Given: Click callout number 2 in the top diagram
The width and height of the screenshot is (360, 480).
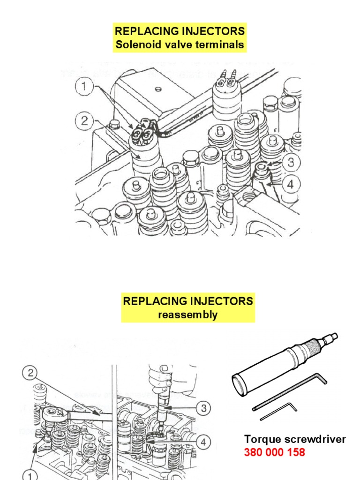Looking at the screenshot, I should [84, 121].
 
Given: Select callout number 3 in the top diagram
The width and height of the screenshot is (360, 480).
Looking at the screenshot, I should [291, 163].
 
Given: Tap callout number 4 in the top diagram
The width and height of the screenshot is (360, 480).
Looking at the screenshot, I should [291, 184].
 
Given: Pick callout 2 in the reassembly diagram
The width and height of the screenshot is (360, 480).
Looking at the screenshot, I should [30, 374].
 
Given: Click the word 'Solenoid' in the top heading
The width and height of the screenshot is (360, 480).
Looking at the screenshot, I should [135, 45].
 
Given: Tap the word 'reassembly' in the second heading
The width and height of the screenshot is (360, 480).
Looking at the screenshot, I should [187, 315].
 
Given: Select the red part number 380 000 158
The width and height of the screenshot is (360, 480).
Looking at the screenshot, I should [274, 452].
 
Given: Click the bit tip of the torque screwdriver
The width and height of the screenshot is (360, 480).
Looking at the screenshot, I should [334, 336].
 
